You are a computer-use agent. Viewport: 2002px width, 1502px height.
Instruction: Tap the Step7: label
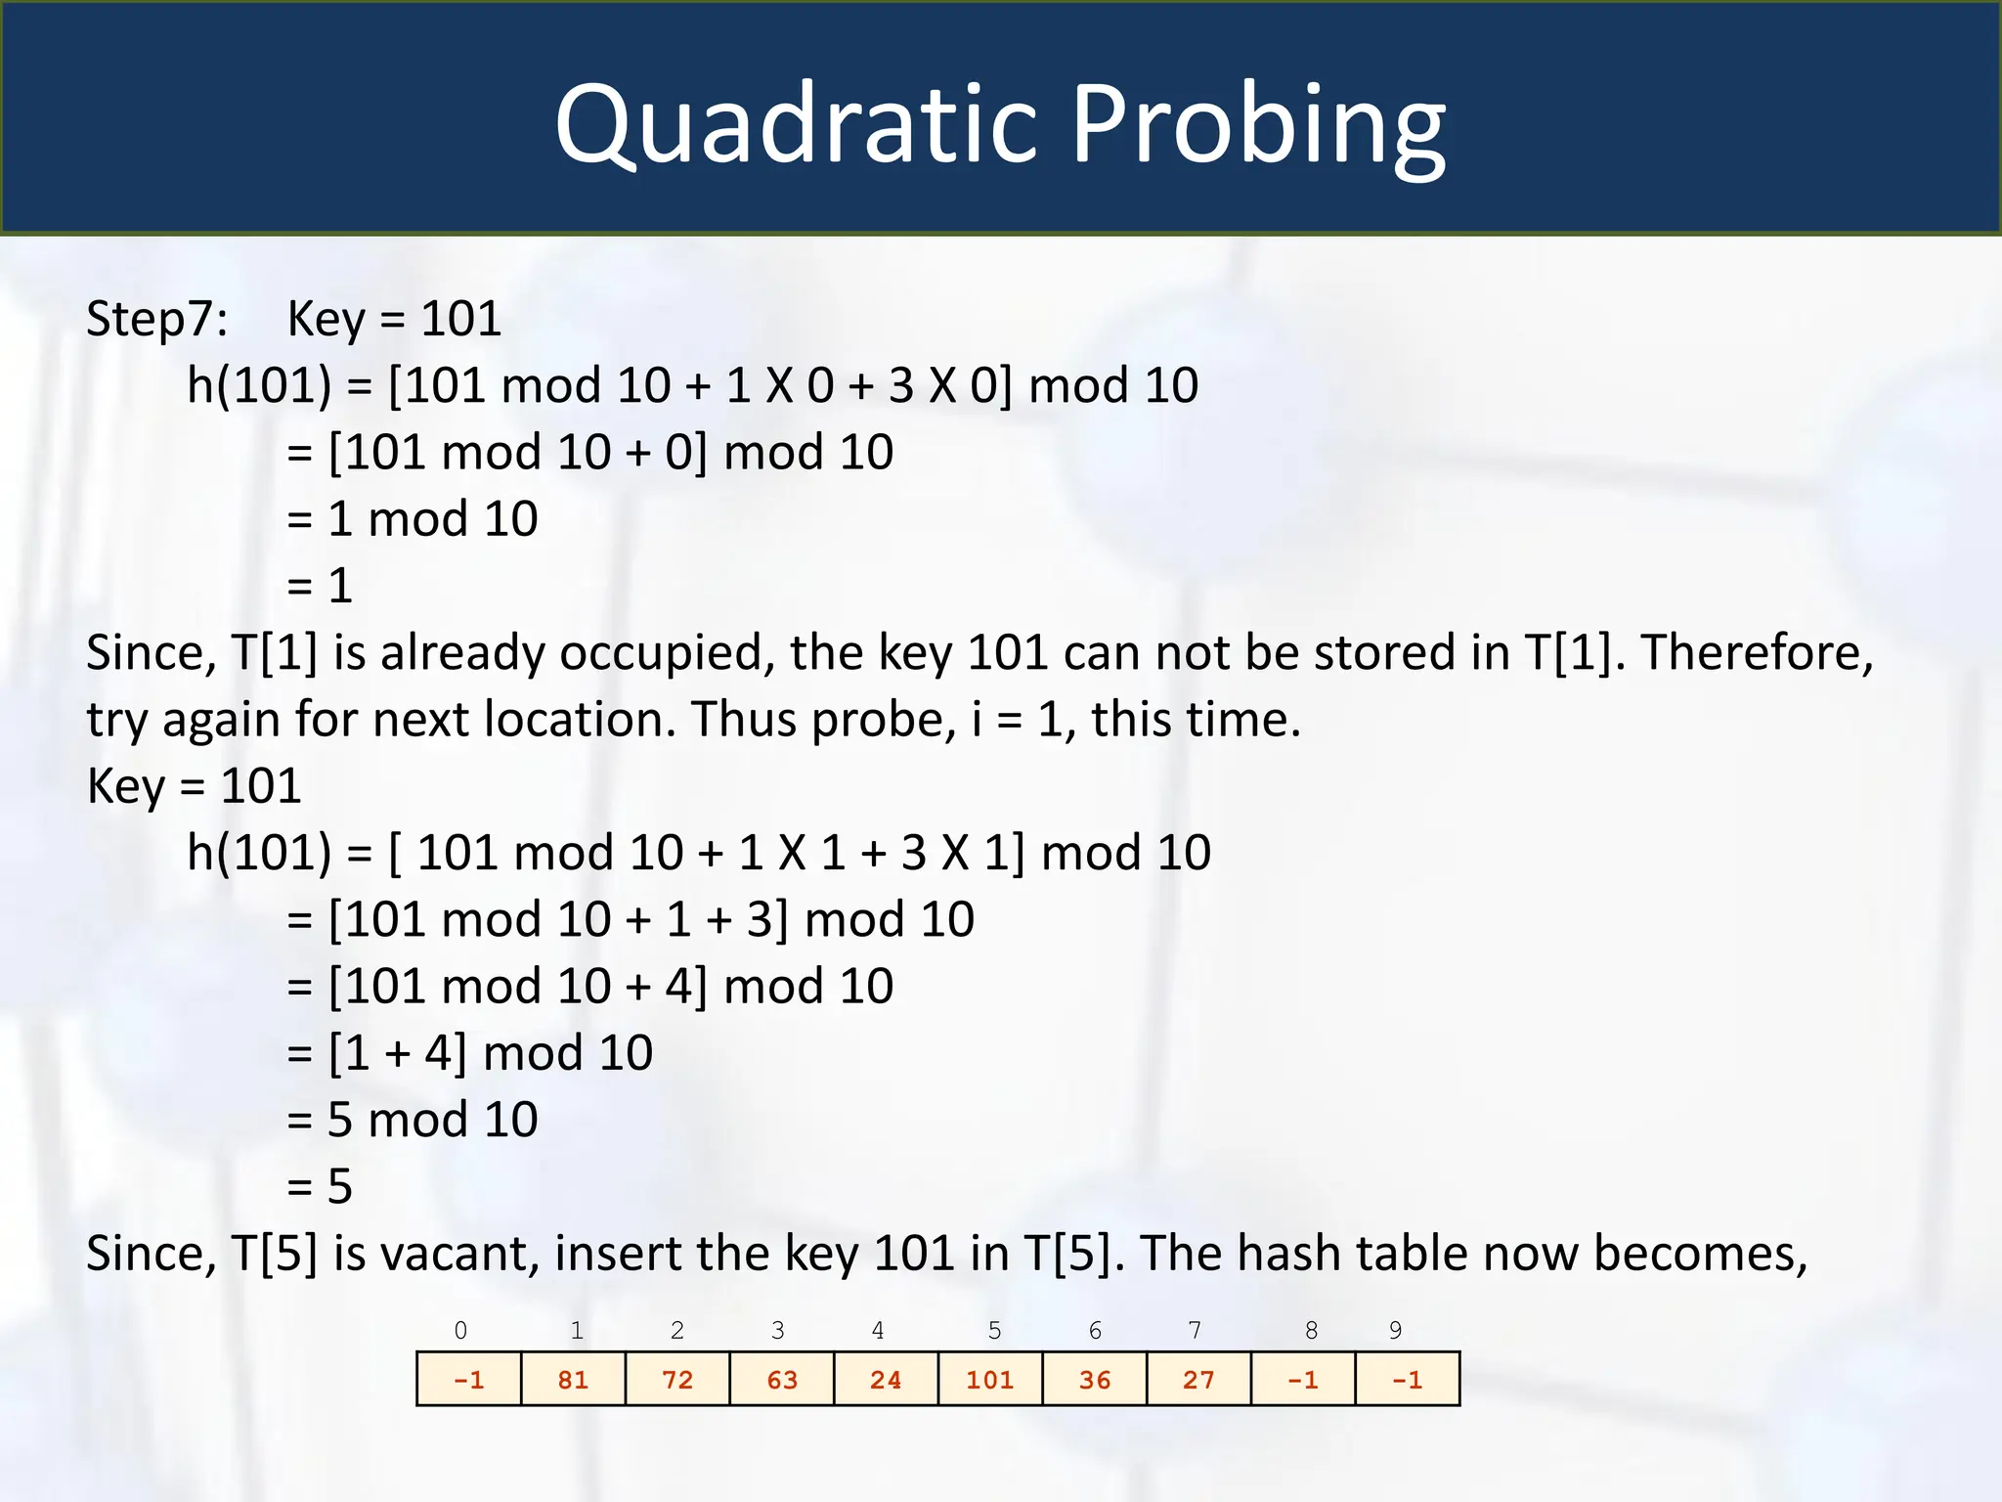click(x=157, y=319)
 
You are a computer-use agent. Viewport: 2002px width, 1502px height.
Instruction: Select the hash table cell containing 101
click(x=990, y=1379)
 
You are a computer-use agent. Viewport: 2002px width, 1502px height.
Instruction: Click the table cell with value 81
click(x=573, y=1379)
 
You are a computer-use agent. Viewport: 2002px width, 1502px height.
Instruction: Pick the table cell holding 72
click(x=677, y=1379)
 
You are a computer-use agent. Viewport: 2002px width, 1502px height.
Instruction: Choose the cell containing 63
click(x=782, y=1379)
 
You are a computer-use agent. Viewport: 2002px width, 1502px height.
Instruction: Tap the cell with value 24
click(x=886, y=1379)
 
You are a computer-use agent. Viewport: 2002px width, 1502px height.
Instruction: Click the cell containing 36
click(x=1095, y=1379)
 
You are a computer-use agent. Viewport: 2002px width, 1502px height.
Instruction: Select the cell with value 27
click(x=1198, y=1379)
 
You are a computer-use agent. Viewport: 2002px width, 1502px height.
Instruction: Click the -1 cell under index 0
click(x=469, y=1379)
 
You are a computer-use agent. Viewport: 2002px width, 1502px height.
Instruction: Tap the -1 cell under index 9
click(x=1408, y=1379)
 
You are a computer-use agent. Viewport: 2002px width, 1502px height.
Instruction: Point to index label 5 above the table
click(x=994, y=1330)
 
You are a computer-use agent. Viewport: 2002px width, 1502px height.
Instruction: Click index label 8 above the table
click(x=1311, y=1330)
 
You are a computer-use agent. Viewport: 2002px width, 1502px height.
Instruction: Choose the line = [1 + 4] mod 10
click(x=470, y=1053)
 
